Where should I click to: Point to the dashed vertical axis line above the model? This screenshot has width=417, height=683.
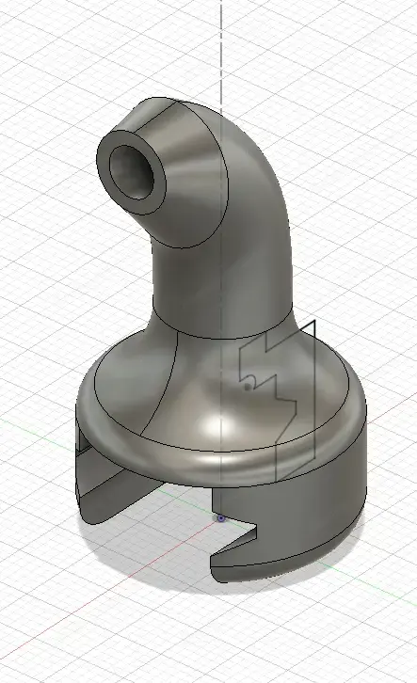(222, 47)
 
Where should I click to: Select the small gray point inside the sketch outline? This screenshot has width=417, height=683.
(248, 385)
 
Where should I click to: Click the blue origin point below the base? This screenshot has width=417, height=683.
(221, 516)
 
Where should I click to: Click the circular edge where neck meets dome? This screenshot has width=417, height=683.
(226, 336)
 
